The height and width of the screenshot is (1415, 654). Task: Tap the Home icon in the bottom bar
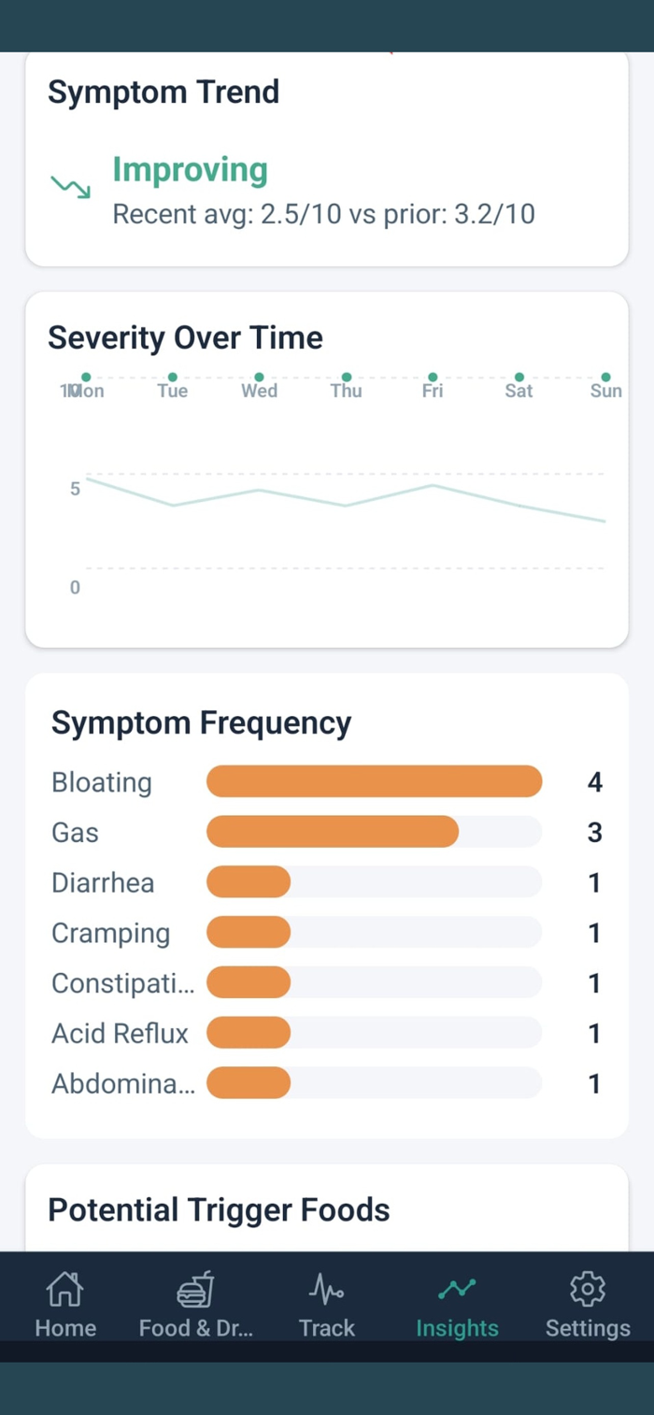click(x=64, y=1291)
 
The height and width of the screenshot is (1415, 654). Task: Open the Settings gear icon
click(x=588, y=1291)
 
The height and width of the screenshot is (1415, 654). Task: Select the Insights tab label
click(x=457, y=1328)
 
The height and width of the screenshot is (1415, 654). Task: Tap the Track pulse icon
click(x=326, y=1291)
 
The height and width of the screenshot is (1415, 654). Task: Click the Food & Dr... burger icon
click(x=195, y=1291)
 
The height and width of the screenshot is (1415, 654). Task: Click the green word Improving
click(x=190, y=170)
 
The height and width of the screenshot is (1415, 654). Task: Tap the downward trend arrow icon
click(x=71, y=186)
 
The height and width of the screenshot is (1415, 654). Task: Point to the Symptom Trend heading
click(x=163, y=93)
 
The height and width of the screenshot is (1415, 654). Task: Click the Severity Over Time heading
click(x=185, y=337)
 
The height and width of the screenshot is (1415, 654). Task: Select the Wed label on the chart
click(x=259, y=391)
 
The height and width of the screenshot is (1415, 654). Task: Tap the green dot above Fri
click(x=433, y=377)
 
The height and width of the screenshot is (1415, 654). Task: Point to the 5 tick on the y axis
click(x=75, y=489)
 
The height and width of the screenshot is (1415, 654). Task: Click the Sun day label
click(x=605, y=391)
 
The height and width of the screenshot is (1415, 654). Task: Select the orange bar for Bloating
click(x=374, y=781)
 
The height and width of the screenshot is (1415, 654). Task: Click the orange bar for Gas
click(x=332, y=832)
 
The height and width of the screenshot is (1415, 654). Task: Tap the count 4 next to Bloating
click(x=594, y=782)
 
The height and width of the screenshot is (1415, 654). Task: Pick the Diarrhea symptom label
click(x=103, y=883)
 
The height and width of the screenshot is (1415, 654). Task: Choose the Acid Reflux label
click(x=120, y=1034)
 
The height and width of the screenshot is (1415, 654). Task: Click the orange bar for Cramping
click(x=249, y=933)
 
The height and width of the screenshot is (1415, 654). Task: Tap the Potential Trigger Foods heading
click(x=219, y=1210)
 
